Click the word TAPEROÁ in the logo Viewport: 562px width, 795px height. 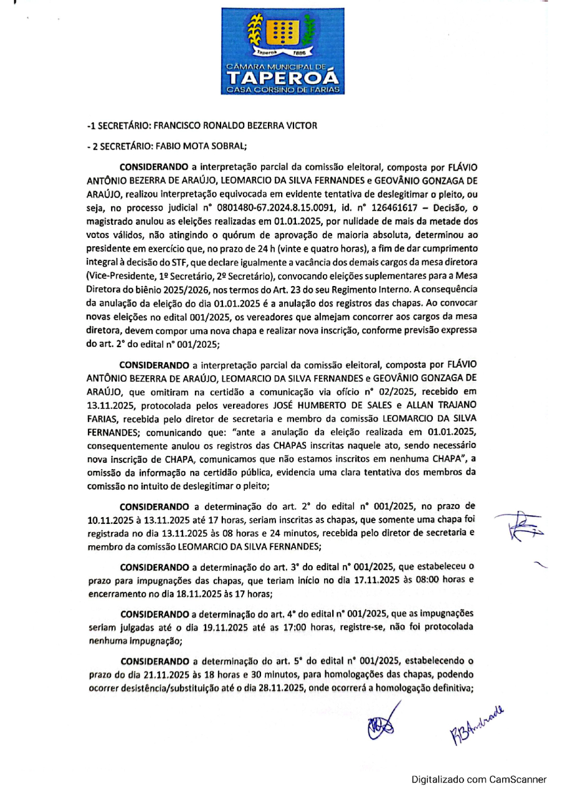coord(282,78)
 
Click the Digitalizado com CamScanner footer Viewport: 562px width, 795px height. coord(478,779)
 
